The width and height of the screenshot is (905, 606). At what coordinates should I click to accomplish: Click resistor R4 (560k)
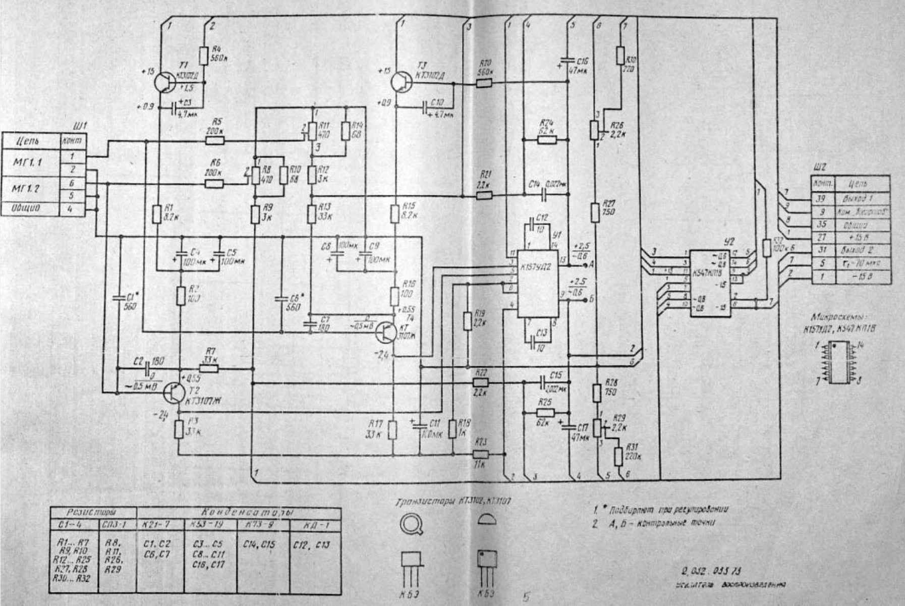[203, 56]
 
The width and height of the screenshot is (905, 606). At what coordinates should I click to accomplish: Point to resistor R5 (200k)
[215, 141]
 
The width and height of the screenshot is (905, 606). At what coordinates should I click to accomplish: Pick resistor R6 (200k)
[214, 183]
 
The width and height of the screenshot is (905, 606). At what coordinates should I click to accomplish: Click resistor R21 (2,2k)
[484, 195]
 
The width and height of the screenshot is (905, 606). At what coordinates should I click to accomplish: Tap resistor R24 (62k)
[547, 140]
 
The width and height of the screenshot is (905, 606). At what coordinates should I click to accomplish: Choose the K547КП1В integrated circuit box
[710, 283]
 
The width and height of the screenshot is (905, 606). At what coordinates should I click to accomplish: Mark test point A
[585, 264]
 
